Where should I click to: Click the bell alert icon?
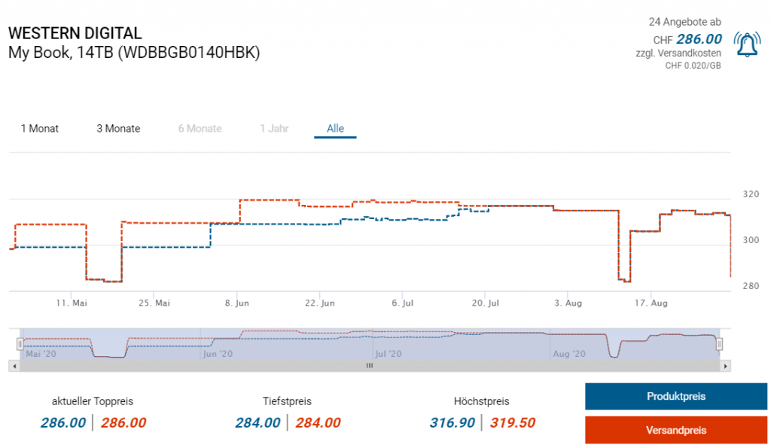[x=746, y=46]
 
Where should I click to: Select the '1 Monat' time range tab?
[x=40, y=129]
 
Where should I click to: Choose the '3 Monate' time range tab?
[x=118, y=129]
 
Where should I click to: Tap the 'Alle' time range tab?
[x=335, y=129]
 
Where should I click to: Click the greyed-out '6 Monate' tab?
[x=200, y=129]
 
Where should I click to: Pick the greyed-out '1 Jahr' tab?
[x=274, y=129]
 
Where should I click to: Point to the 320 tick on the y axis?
[x=751, y=194]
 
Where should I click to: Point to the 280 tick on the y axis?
[x=751, y=286]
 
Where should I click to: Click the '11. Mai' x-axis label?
[x=72, y=303]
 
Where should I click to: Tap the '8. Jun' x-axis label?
[x=237, y=303]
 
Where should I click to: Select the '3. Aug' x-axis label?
[x=568, y=303]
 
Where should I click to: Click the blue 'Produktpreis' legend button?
[x=675, y=396]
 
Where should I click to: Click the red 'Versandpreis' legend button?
[x=675, y=430]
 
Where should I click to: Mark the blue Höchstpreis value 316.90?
[x=452, y=423]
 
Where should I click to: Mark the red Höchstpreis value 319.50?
[x=513, y=423]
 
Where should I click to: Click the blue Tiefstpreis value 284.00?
[x=258, y=423]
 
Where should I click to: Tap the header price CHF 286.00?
[x=699, y=39]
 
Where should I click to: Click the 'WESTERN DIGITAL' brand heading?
[x=75, y=34]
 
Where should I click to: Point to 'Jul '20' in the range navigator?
[x=389, y=353]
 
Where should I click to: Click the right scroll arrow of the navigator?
[x=725, y=366]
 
